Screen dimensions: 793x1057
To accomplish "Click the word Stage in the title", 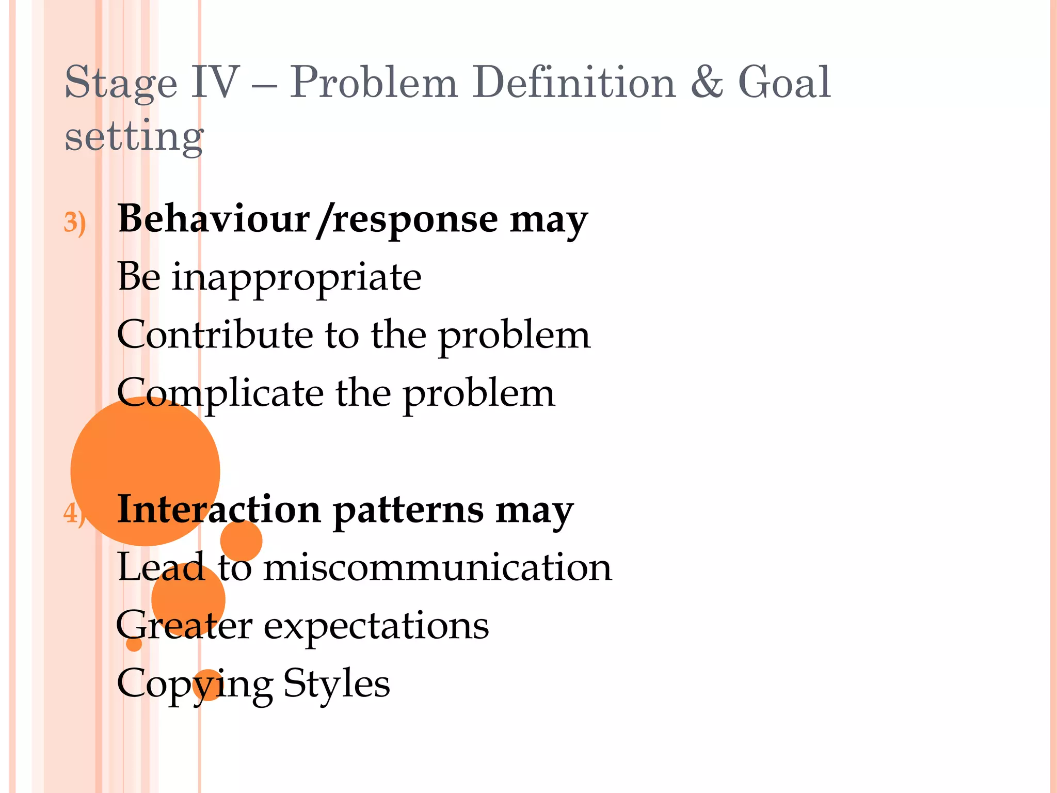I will tap(120, 84).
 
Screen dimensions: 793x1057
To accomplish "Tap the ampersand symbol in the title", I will tap(707, 83).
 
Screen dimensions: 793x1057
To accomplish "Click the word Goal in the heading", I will tap(784, 83).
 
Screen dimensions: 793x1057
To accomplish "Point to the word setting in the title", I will tap(134, 136).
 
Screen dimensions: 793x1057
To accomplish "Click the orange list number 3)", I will tap(74, 223).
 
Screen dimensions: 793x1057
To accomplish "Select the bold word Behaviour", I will tap(213, 219).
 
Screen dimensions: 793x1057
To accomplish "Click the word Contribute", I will tap(215, 335).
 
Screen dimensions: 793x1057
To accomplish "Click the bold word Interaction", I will tap(219, 509).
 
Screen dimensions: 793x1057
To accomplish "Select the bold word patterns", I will tap(408, 511).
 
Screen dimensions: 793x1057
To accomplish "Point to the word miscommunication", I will tap(438, 567).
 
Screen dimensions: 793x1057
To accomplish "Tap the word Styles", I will tap(337, 684).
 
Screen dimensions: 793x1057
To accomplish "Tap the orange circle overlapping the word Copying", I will tap(207, 685).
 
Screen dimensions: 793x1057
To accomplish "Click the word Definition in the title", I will tap(574, 83).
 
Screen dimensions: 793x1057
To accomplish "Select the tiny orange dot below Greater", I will tap(134, 644).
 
